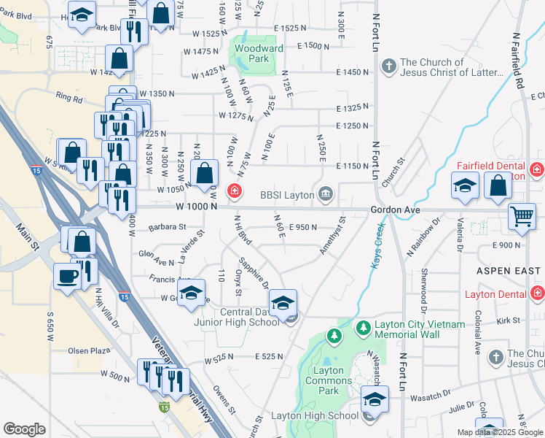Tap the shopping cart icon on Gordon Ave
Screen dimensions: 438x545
522,216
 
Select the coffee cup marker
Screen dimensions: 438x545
68,276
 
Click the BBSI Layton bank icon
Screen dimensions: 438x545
326,194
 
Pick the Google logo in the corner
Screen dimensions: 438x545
24,429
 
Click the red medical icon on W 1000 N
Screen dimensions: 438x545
234,192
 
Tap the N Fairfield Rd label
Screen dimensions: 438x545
518,60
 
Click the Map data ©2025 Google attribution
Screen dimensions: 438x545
500,432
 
